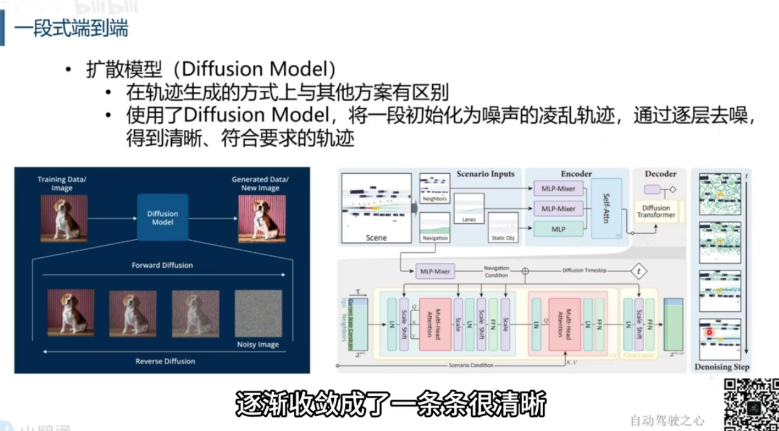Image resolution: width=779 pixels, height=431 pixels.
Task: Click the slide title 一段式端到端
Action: (x=72, y=29)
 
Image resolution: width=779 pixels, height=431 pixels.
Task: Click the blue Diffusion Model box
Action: (x=162, y=218)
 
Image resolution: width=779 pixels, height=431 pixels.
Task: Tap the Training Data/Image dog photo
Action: (x=62, y=218)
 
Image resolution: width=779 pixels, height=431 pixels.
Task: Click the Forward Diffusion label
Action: (x=162, y=265)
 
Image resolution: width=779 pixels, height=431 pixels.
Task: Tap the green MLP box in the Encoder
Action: (x=558, y=229)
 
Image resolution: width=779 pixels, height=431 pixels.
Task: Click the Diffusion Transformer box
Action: (x=656, y=212)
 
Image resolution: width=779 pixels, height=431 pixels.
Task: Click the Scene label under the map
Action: (x=376, y=237)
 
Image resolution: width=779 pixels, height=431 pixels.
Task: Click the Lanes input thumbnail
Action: (x=469, y=207)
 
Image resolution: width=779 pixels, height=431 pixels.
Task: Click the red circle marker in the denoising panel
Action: (x=709, y=332)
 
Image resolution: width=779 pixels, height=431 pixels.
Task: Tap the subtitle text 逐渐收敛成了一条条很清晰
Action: (x=390, y=406)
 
